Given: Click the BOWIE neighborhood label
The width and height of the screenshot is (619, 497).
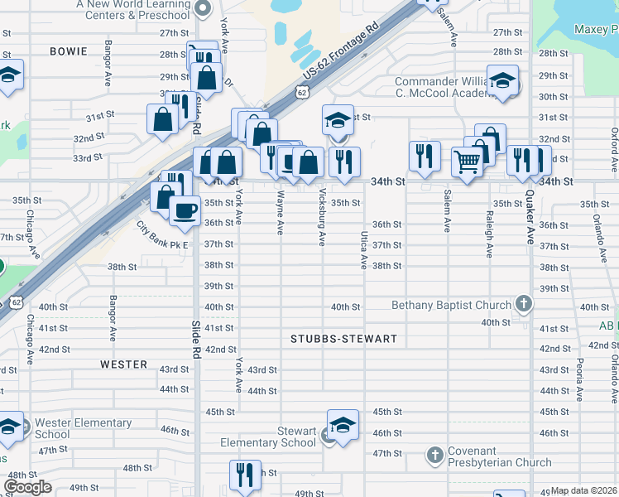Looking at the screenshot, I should pyautogui.click(x=69, y=51).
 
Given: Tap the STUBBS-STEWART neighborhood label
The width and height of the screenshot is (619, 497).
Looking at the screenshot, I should pyautogui.click(x=344, y=340).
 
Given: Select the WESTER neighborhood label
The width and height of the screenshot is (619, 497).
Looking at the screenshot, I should pyautogui.click(x=123, y=364).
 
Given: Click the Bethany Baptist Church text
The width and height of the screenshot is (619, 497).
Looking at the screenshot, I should pyautogui.click(x=452, y=305).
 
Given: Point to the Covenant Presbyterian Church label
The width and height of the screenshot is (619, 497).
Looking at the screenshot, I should pyautogui.click(x=499, y=456).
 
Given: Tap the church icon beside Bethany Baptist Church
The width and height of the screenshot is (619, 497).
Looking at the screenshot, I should pyautogui.click(x=522, y=304).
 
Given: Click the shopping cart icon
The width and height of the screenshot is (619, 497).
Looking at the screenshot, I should pyautogui.click(x=467, y=162).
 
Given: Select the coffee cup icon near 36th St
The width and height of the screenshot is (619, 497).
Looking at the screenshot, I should pyautogui.click(x=185, y=210).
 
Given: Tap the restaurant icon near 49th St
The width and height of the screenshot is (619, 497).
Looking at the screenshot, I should pyautogui.click(x=245, y=475).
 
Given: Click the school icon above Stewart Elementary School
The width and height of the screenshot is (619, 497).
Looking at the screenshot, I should pyautogui.click(x=343, y=425).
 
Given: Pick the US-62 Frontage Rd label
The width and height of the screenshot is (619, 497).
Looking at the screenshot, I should pyautogui.click(x=340, y=51).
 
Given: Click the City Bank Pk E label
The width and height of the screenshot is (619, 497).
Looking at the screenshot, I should pyautogui.click(x=163, y=236).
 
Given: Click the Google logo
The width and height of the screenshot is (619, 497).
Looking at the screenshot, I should pyautogui.click(x=27, y=488).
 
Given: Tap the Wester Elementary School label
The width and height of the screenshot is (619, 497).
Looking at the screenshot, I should pyautogui.click(x=83, y=428).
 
